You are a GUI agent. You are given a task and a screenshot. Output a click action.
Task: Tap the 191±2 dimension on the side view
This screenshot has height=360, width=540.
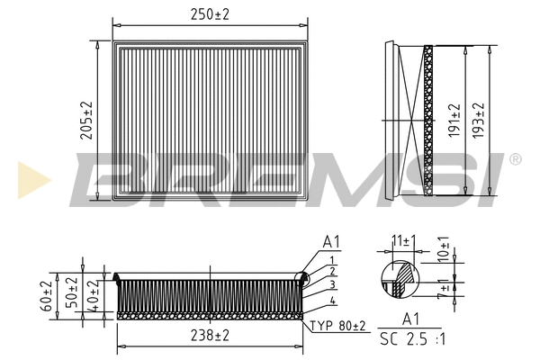pos(455,119)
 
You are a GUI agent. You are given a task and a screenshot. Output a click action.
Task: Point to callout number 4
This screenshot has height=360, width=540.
pos(333,300)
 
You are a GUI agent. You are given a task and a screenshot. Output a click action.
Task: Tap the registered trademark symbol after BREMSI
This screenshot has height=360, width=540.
pos(514,159)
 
